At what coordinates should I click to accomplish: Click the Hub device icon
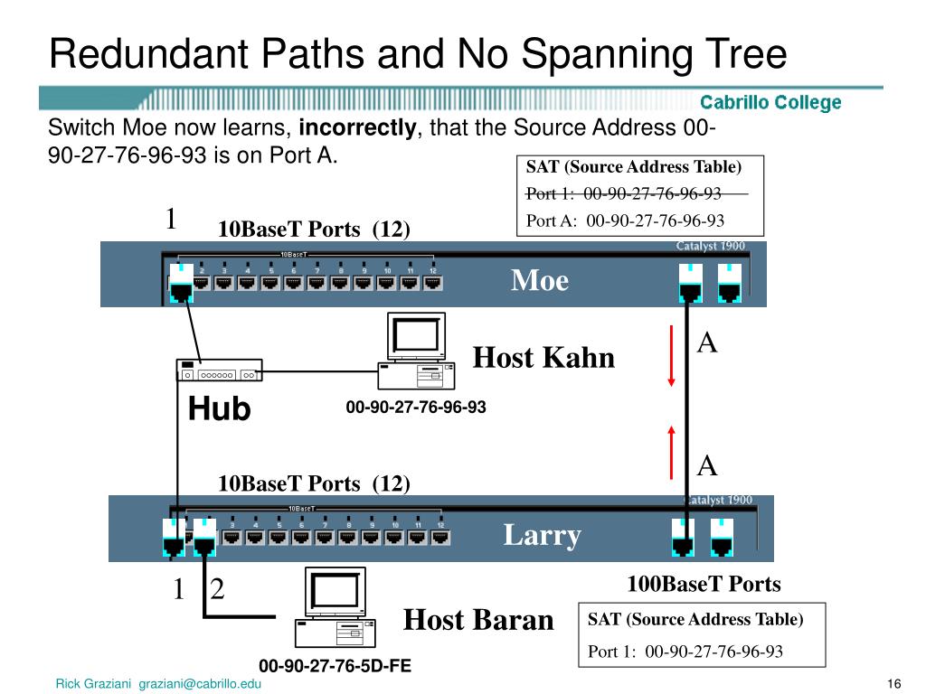[x=218, y=370]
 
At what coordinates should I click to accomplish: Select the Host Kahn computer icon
[x=414, y=351]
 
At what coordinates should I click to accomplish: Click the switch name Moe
[x=540, y=281]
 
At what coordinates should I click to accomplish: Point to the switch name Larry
[x=542, y=536]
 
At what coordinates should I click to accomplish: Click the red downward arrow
[x=671, y=356]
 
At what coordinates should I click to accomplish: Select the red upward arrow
[x=671, y=450]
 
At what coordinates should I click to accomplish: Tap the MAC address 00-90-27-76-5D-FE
[x=335, y=666]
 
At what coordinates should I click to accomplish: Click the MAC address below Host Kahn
[x=415, y=408]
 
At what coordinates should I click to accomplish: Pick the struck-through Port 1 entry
[x=624, y=193]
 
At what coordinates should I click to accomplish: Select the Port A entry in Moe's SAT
[x=625, y=220]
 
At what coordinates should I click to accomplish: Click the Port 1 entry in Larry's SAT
[x=685, y=652]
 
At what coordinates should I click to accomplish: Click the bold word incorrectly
[x=357, y=128]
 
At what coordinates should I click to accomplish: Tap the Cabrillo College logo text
[x=770, y=102]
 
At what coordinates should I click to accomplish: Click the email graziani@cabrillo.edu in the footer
[x=200, y=684]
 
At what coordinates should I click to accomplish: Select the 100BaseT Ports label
[x=704, y=584]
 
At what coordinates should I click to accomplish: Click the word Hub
[x=219, y=409]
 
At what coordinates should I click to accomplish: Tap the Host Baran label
[x=477, y=620]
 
